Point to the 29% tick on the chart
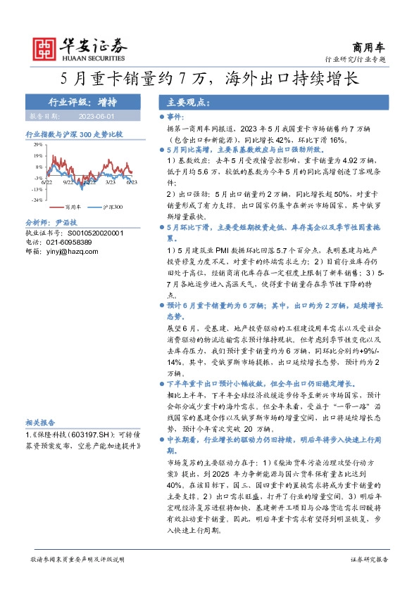click(x=37, y=145)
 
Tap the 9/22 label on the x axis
click(x=68, y=181)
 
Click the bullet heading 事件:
click(x=175, y=115)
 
